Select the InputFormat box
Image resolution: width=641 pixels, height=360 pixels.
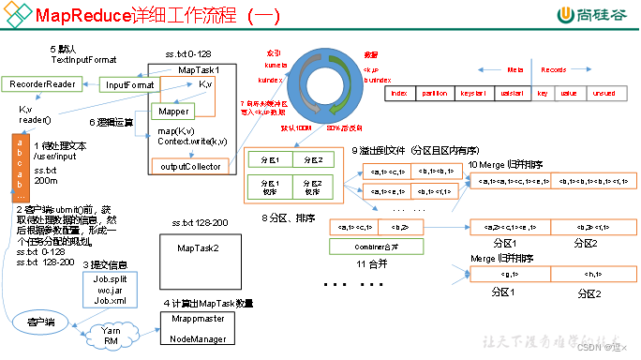click(130, 84)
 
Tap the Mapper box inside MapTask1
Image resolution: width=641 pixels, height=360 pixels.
click(173, 111)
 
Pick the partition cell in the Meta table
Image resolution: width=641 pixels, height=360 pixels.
click(434, 95)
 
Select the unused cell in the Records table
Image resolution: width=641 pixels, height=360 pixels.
click(604, 95)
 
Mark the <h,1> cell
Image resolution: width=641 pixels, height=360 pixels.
click(589, 275)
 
